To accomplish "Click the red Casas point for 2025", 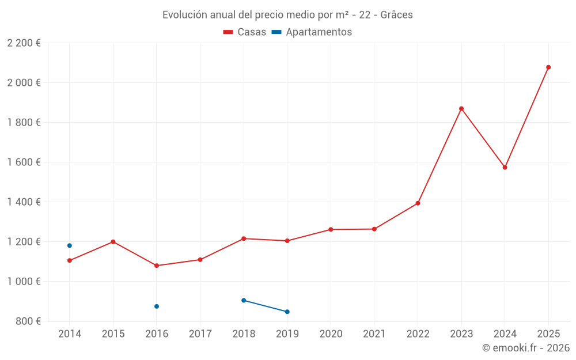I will [548, 67].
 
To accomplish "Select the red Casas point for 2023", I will [461, 109].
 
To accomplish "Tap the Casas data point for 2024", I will [505, 168].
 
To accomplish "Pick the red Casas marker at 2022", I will [418, 203].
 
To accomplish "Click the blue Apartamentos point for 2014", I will [70, 245].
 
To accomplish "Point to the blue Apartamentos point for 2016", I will [157, 306].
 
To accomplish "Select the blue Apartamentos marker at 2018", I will [244, 300].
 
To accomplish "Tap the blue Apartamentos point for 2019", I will [287, 312].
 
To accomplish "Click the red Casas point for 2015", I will [113, 242].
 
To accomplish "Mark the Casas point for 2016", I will [157, 266].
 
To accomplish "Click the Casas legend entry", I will [245, 32].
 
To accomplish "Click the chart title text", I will [287, 15].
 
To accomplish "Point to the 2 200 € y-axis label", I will [24, 43].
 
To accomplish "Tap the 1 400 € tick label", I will [24, 202].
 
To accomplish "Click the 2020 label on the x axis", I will [331, 334].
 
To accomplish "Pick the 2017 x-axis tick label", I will [200, 334].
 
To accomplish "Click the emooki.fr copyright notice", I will [525, 348].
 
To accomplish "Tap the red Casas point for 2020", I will [331, 229].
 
